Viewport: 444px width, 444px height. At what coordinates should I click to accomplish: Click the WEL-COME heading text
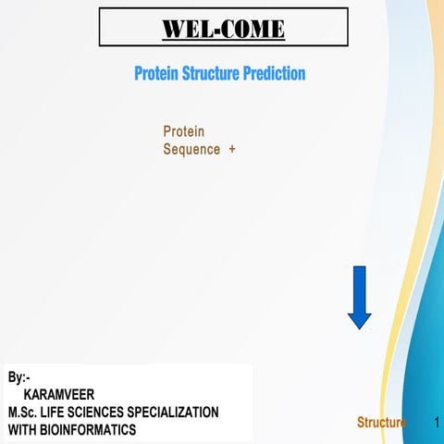pos(223,29)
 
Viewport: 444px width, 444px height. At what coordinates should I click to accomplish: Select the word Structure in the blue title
pos(209,73)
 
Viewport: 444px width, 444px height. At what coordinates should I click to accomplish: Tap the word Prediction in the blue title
pos(274,73)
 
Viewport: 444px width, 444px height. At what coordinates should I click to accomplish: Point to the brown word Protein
pos(183,131)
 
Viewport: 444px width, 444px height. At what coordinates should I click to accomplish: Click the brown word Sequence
pos(191,149)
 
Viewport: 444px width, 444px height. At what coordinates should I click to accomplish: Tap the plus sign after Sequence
pos(231,149)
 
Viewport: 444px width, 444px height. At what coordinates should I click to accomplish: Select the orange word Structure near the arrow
pos(381,423)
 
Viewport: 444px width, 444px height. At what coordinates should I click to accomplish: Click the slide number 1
pos(436,423)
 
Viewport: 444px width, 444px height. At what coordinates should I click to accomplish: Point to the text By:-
pos(18,377)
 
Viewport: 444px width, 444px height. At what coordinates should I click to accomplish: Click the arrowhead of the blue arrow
pos(359,319)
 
